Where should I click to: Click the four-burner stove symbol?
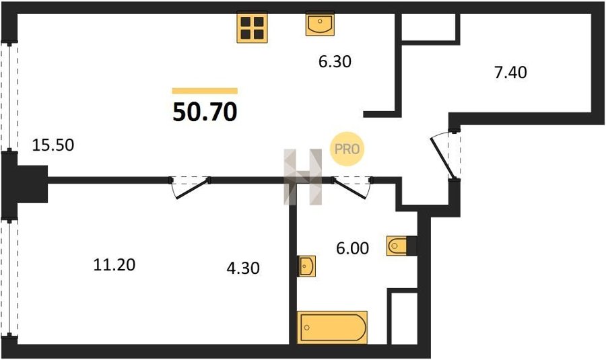[252, 28]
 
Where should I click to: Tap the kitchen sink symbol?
[320, 24]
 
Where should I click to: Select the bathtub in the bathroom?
[333, 327]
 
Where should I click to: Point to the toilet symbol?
[397, 246]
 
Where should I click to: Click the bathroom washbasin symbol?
[306, 266]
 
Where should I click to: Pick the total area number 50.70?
[205, 112]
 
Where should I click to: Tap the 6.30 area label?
[335, 62]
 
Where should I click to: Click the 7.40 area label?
[510, 72]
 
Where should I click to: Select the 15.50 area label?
[53, 145]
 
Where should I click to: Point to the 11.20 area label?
[114, 265]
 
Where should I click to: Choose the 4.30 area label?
[243, 268]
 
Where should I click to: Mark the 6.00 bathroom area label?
[352, 248]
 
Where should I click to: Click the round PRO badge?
[347, 149]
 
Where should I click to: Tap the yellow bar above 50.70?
[205, 91]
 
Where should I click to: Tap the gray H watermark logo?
[303, 176]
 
